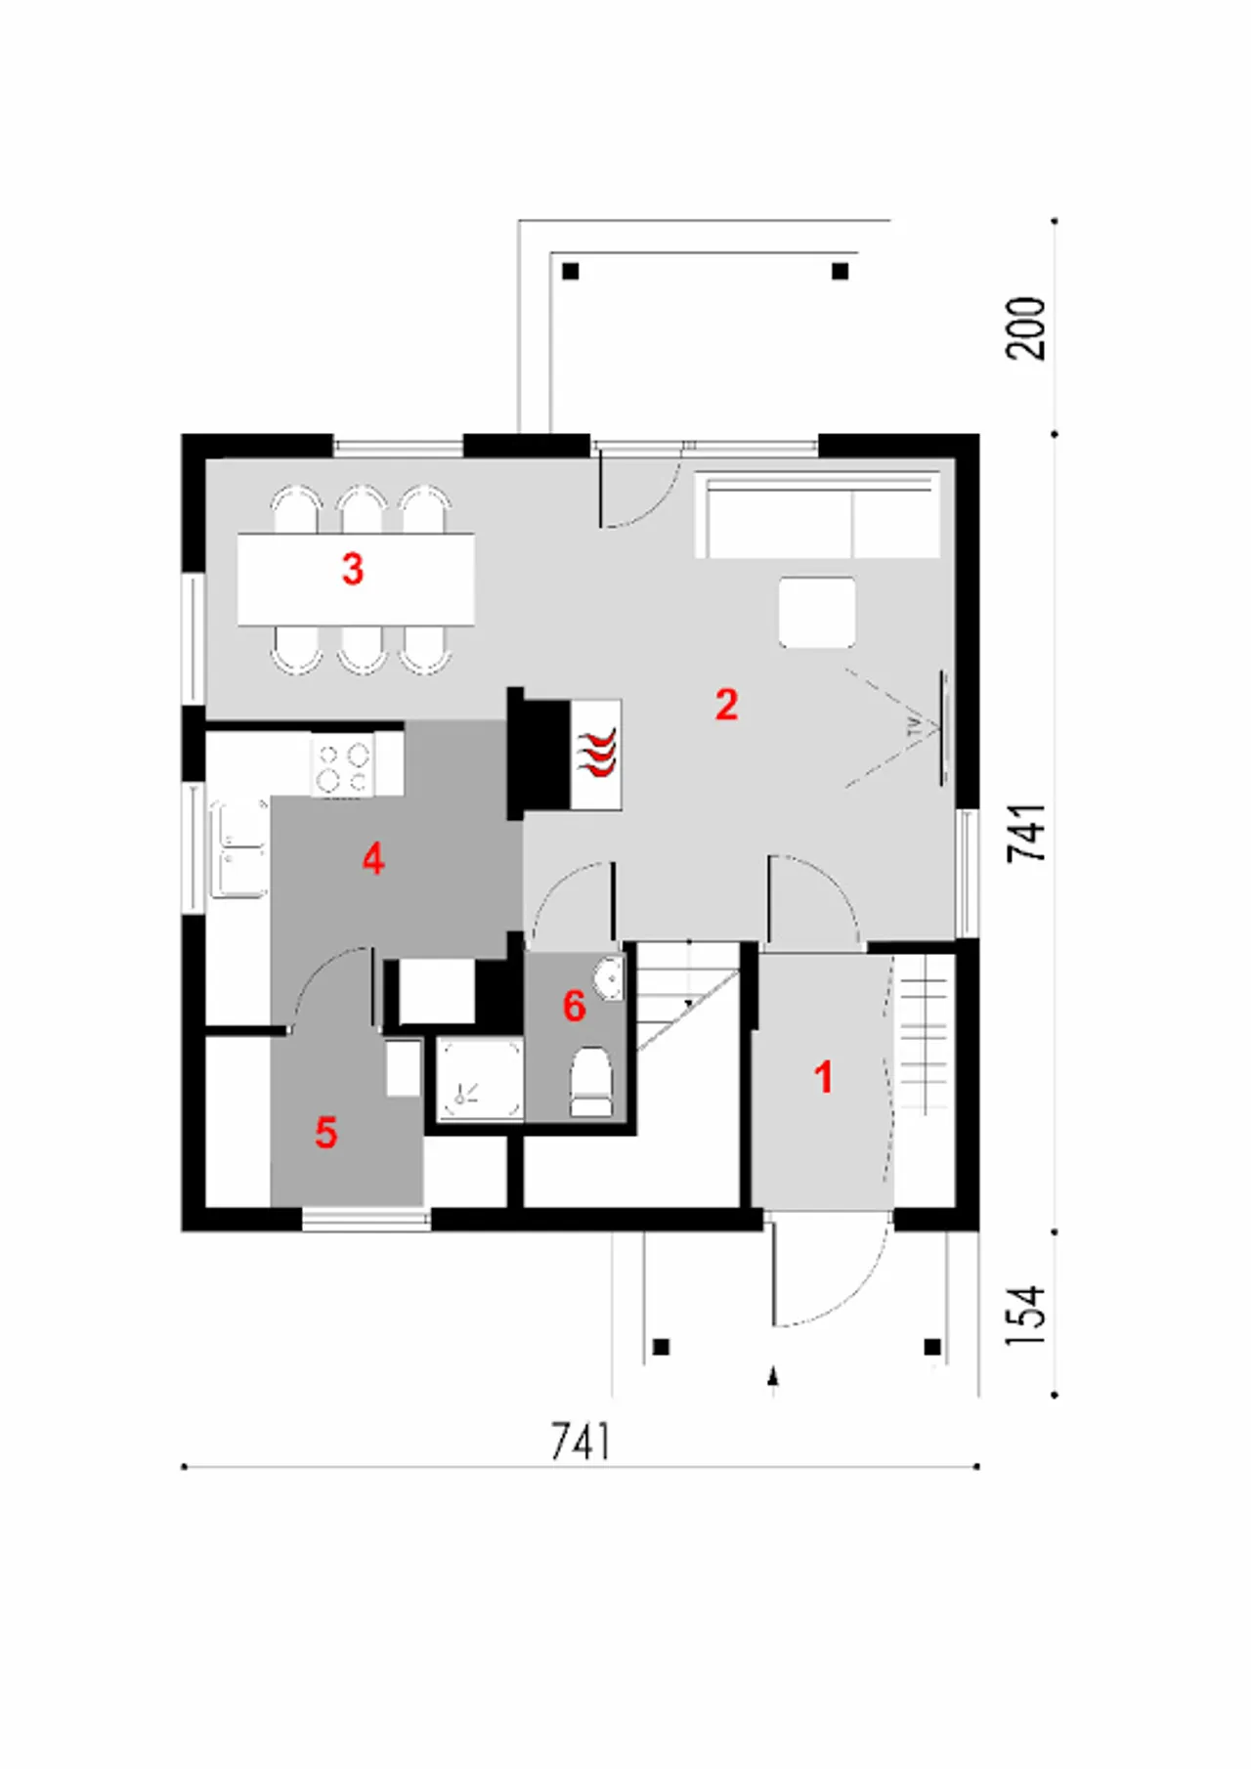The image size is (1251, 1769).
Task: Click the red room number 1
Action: pyautogui.click(x=824, y=1077)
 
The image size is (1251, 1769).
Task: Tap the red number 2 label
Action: pyautogui.click(x=726, y=705)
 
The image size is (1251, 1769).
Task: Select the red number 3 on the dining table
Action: pyautogui.click(x=353, y=569)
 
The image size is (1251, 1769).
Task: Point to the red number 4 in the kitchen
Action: pyautogui.click(x=373, y=860)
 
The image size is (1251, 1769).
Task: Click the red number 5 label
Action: pyautogui.click(x=325, y=1133)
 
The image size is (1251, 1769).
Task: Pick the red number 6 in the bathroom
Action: pyautogui.click(x=575, y=1006)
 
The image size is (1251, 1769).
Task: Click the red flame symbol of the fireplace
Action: pyautogui.click(x=597, y=753)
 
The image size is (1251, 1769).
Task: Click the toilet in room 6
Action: pyautogui.click(x=590, y=1082)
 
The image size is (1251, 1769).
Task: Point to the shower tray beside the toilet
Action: pyautogui.click(x=479, y=1079)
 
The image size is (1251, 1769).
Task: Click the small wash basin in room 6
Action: pyautogui.click(x=609, y=978)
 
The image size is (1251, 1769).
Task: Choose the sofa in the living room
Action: pyautogui.click(x=817, y=516)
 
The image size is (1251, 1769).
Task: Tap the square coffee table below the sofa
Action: pyautogui.click(x=817, y=612)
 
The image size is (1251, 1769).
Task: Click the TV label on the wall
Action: pyautogui.click(x=915, y=726)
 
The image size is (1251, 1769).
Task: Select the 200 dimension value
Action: pyautogui.click(x=1026, y=328)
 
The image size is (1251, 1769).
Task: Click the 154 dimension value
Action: pyautogui.click(x=1026, y=1316)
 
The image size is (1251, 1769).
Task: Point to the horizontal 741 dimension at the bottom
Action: pyautogui.click(x=581, y=1442)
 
